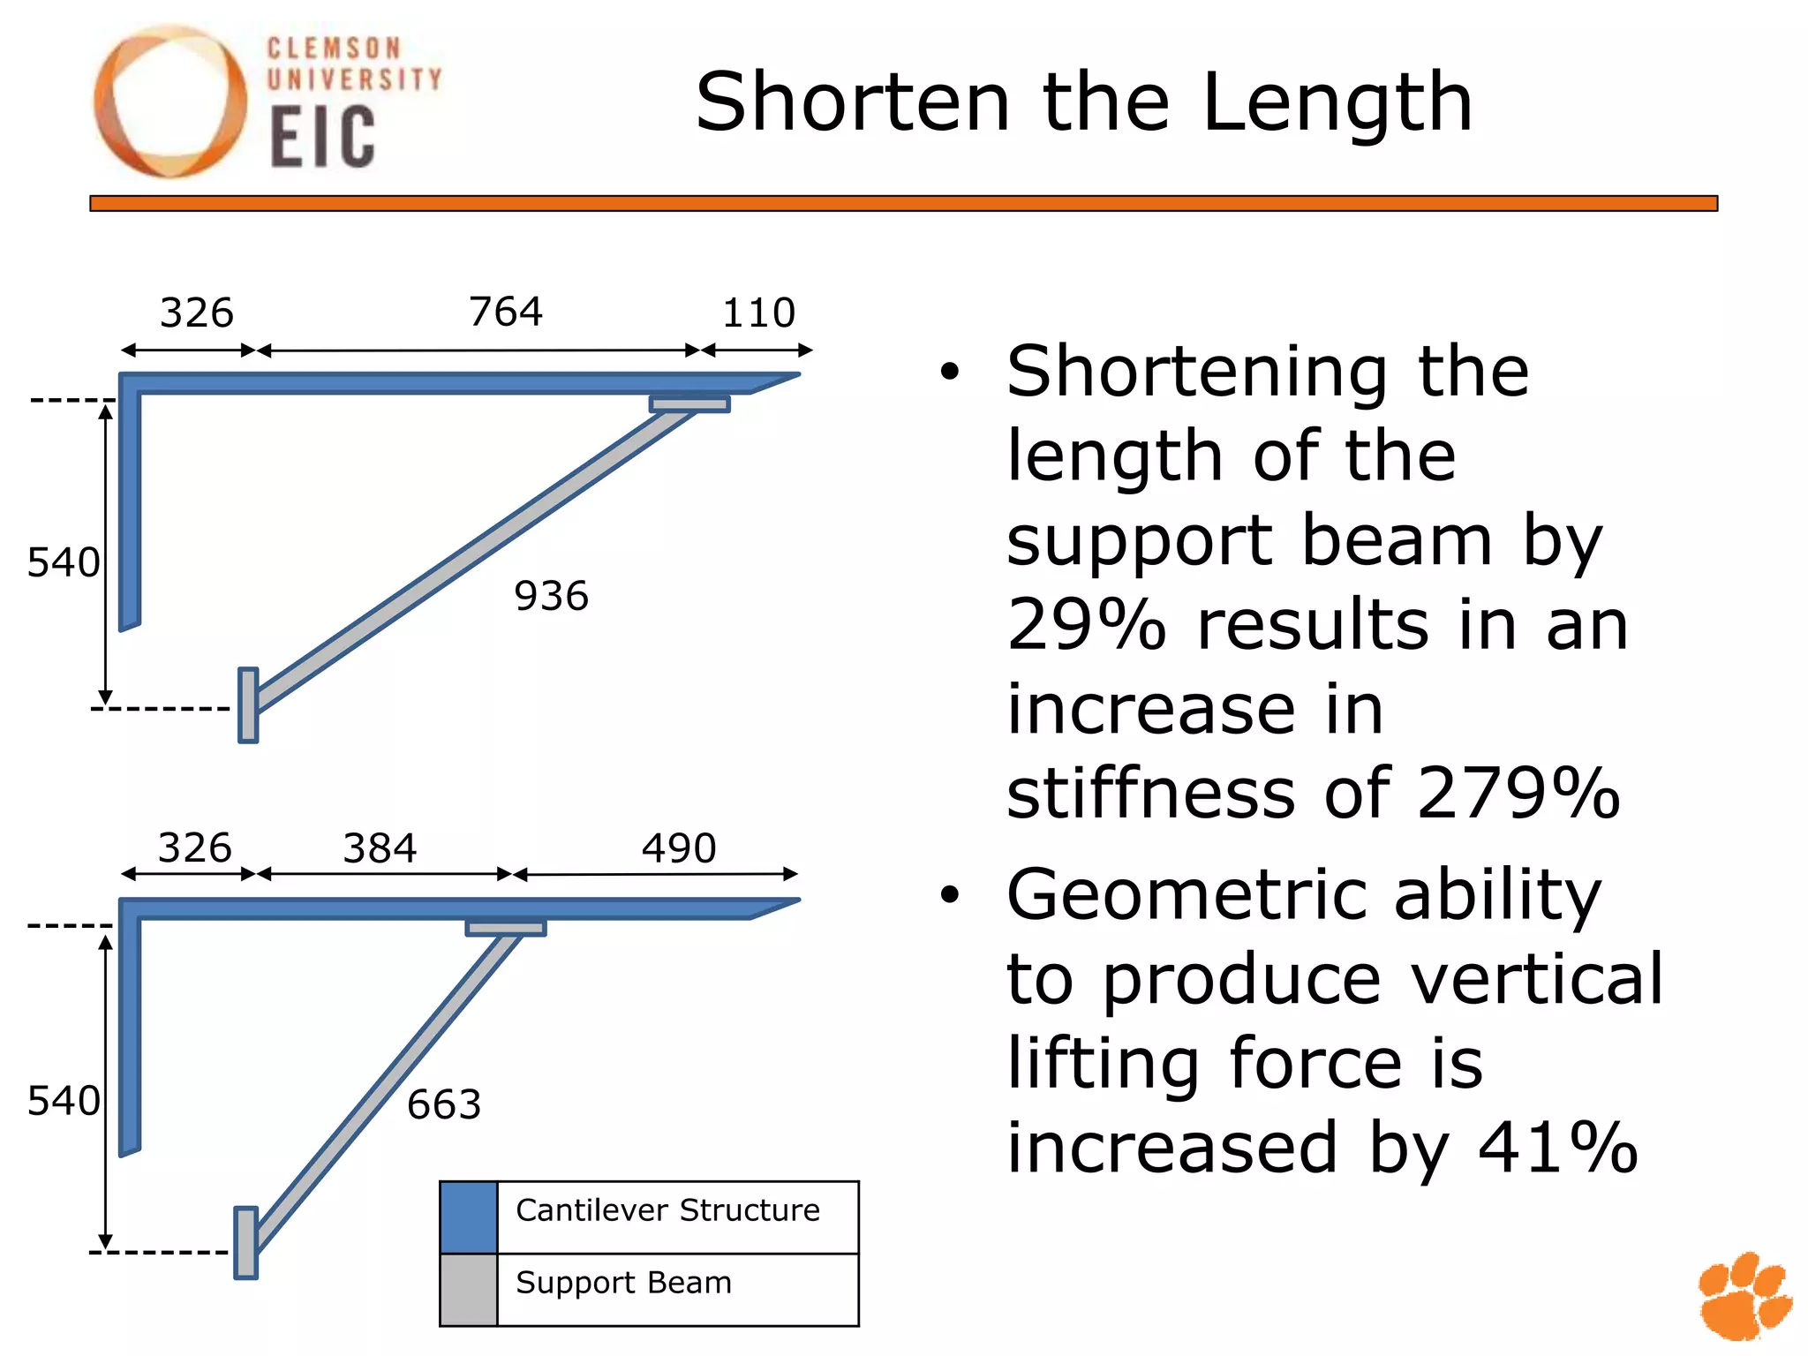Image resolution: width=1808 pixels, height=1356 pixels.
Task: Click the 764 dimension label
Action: pos(505,312)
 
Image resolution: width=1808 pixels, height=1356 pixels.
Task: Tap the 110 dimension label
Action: pos(758,313)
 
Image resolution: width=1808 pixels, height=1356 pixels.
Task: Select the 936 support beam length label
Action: pos(551,596)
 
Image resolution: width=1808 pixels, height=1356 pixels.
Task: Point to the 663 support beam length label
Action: pos(444,1104)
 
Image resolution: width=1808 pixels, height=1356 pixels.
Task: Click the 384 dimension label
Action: pos(380,848)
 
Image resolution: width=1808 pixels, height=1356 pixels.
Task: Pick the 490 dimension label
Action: pos(679,848)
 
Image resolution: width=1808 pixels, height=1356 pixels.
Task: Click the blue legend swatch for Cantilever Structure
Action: pos(469,1217)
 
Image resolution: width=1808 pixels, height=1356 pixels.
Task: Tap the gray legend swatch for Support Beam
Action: pos(469,1290)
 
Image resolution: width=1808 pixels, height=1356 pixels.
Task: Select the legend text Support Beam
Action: pos(623,1283)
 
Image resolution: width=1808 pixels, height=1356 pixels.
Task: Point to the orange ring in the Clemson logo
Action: pos(169,102)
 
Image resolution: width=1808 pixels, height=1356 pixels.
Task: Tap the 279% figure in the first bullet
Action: pos(1518,793)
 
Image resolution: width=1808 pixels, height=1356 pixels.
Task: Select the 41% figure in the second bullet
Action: pos(1558,1148)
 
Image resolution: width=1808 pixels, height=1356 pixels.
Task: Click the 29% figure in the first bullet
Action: pos(1086,624)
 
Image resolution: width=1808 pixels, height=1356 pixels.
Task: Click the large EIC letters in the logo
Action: pos(322,137)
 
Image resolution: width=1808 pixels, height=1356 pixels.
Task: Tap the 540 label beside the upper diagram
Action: pos(64,562)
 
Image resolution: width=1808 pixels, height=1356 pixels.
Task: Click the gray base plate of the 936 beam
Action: pos(249,705)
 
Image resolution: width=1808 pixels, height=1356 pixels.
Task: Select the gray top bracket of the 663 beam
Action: pos(506,928)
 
